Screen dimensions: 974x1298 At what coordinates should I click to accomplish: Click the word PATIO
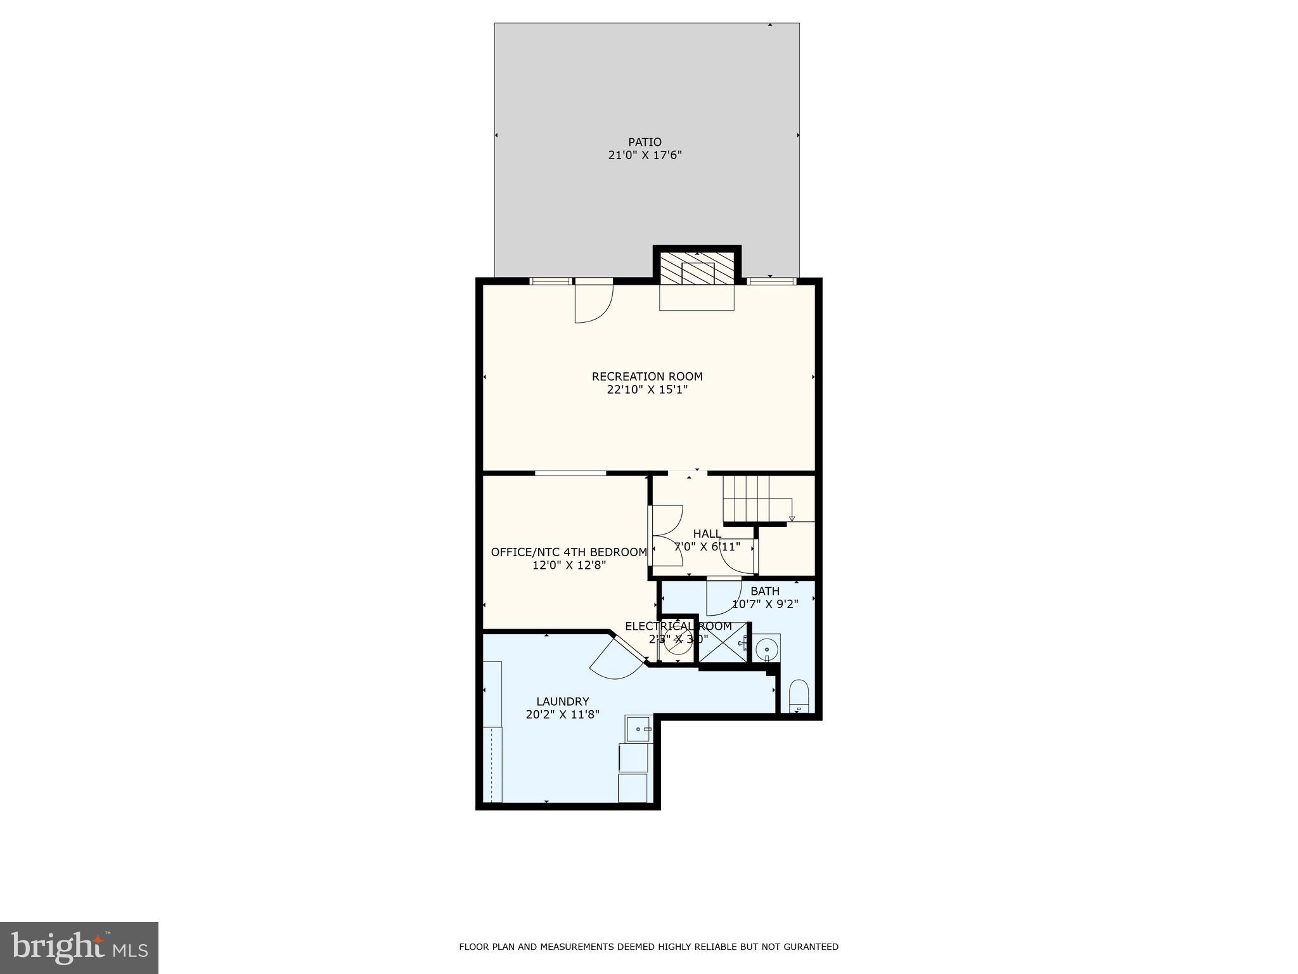tap(645, 142)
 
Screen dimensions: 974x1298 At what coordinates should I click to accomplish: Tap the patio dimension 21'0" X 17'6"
tap(645, 155)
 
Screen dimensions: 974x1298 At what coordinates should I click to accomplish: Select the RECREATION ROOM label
tap(647, 377)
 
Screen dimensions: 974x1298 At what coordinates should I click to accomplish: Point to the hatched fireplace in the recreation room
tap(697, 273)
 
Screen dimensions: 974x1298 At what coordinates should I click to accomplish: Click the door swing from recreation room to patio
tap(593, 303)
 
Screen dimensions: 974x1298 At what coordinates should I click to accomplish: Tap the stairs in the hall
tap(748, 498)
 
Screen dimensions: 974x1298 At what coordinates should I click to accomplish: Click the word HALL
tap(707, 534)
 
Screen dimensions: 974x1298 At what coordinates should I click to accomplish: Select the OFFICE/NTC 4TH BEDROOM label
tap(569, 552)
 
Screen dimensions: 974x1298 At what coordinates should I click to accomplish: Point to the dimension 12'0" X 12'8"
tap(569, 566)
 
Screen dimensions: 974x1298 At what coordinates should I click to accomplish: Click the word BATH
tap(764, 591)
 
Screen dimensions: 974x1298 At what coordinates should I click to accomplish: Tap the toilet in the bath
tap(799, 696)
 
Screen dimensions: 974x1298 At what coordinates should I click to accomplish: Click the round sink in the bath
tap(767, 649)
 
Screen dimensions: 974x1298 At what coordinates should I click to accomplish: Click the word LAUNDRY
tap(562, 701)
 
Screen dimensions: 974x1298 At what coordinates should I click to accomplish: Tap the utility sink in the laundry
tap(638, 729)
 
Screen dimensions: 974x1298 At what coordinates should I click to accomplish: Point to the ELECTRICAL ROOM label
tap(678, 627)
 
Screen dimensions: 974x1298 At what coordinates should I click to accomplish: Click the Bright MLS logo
tap(79, 947)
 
